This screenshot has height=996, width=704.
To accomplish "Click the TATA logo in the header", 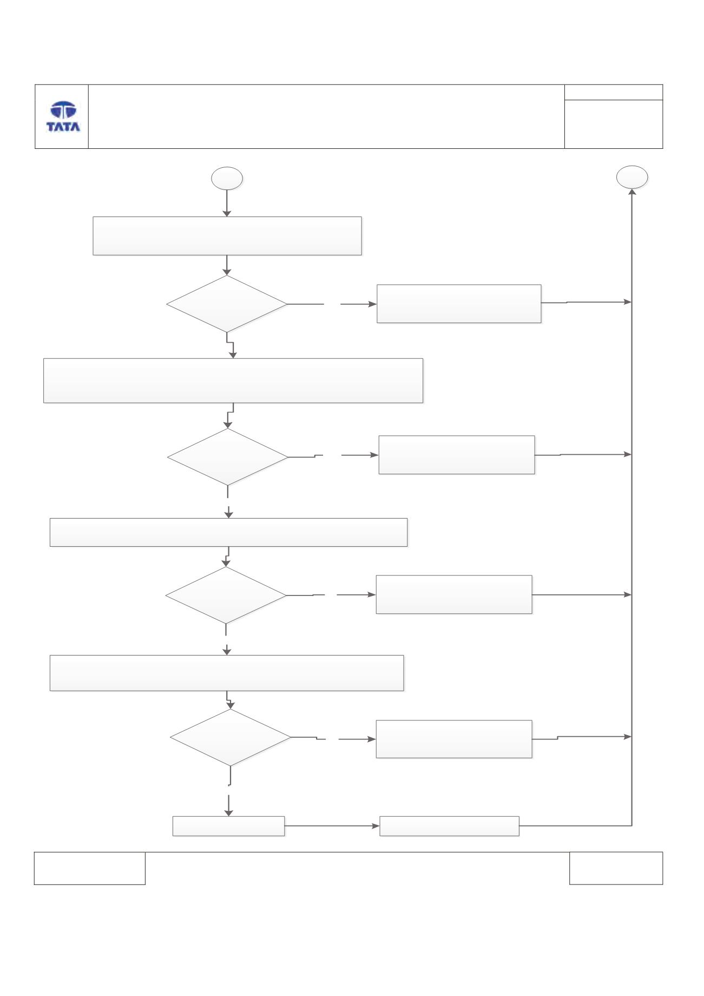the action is [x=63, y=116].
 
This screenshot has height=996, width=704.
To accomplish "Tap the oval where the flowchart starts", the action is [x=227, y=179].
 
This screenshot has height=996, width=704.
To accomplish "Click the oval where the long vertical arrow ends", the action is [x=632, y=178].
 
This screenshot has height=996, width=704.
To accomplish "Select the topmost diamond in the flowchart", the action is [x=227, y=304].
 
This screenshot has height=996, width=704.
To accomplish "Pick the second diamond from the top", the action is [x=228, y=457].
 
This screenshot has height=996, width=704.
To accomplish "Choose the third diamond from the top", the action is [x=226, y=595].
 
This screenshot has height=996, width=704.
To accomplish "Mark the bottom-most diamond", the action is [x=231, y=737].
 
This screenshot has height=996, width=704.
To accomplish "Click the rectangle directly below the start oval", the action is [x=227, y=236].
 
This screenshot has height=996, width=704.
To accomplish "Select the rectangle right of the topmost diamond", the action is [x=459, y=304].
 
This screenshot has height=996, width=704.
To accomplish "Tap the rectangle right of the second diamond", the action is [x=457, y=455].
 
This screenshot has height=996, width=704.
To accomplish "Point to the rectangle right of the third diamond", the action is [x=454, y=594].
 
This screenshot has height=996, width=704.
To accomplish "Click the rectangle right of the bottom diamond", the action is [x=454, y=739].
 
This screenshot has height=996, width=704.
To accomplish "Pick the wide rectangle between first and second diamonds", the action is [x=233, y=381].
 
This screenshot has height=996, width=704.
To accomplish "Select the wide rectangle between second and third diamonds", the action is [x=228, y=532].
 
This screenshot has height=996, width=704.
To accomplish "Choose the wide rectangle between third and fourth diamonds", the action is [x=227, y=673].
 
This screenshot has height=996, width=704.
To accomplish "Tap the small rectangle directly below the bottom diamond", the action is [x=228, y=826].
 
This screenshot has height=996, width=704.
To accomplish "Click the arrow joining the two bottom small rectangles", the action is [x=332, y=826].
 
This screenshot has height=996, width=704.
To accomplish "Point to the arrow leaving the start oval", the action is [x=227, y=204].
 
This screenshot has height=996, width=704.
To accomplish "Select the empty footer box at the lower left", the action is [x=90, y=868].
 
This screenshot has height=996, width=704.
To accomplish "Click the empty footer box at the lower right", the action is [x=616, y=868].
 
